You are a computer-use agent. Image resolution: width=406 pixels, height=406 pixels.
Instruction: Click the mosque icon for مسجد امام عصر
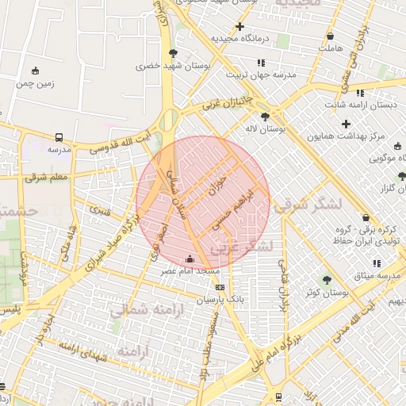pyautogui.click(x=189, y=259)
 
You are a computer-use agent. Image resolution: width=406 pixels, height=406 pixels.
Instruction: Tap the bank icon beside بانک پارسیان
pyautogui.click(x=220, y=287)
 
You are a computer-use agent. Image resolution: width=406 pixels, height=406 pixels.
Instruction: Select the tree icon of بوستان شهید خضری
pyautogui.click(x=173, y=54)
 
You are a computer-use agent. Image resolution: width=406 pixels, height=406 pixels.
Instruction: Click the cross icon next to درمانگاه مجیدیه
pyautogui.click(x=239, y=26)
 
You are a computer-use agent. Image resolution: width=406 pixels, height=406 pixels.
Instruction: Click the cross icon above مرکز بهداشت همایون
pyautogui.click(x=346, y=123)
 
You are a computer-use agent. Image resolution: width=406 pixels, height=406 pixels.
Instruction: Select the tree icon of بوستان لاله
pyautogui.click(x=264, y=116)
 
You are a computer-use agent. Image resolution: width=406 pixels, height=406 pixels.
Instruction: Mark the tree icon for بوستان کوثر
pyautogui.click(x=326, y=280)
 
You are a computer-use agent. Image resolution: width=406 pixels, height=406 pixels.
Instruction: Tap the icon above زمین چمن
pyautogui.click(x=34, y=71)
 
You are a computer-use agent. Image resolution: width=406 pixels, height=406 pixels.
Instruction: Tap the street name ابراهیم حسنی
pyautogui.click(x=237, y=209)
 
